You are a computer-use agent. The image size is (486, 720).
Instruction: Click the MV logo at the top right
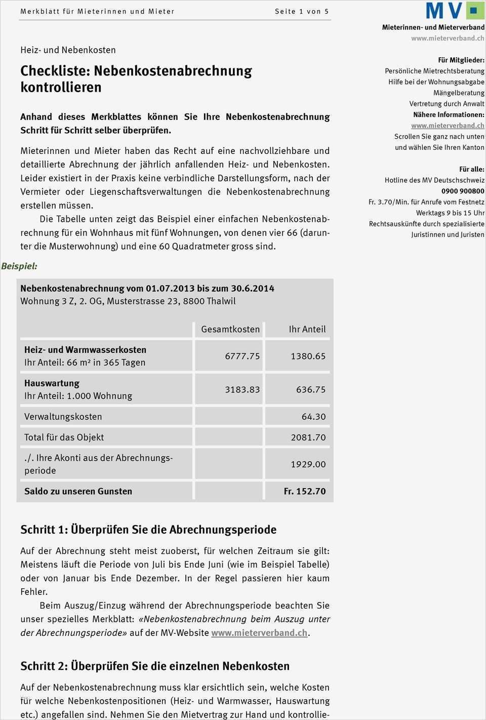[x=454, y=11]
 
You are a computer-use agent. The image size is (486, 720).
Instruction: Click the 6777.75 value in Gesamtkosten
[x=242, y=356]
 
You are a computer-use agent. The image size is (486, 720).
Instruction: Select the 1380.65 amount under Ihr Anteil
[x=308, y=356]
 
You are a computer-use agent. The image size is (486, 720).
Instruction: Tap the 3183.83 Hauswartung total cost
[x=242, y=389]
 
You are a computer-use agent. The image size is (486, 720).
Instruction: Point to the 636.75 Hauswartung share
[x=311, y=389]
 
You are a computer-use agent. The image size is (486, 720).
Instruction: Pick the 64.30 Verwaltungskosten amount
[x=313, y=417]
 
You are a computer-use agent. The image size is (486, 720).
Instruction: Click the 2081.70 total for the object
[x=308, y=437]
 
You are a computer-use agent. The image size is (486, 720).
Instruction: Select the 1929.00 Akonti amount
[x=308, y=464]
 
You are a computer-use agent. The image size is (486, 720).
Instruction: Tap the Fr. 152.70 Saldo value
[x=305, y=491]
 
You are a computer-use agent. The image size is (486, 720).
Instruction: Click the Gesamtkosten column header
[x=230, y=329]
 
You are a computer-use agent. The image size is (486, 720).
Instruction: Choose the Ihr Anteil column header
[x=307, y=329]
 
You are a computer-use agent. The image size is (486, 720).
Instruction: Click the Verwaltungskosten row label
[x=63, y=417]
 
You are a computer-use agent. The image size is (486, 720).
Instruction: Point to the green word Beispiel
[x=19, y=266]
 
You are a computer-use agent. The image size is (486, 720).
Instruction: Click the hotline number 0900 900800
[x=463, y=191]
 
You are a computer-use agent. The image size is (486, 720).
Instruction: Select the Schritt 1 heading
[x=148, y=530]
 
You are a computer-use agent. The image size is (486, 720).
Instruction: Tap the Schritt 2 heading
[x=155, y=666]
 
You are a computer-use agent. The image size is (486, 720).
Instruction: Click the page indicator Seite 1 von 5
[x=302, y=11]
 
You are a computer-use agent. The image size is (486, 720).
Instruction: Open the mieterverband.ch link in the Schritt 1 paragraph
[x=259, y=633]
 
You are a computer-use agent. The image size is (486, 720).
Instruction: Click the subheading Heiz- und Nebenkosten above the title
[x=68, y=50]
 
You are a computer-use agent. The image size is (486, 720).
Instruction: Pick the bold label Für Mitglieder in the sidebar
[x=461, y=60]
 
